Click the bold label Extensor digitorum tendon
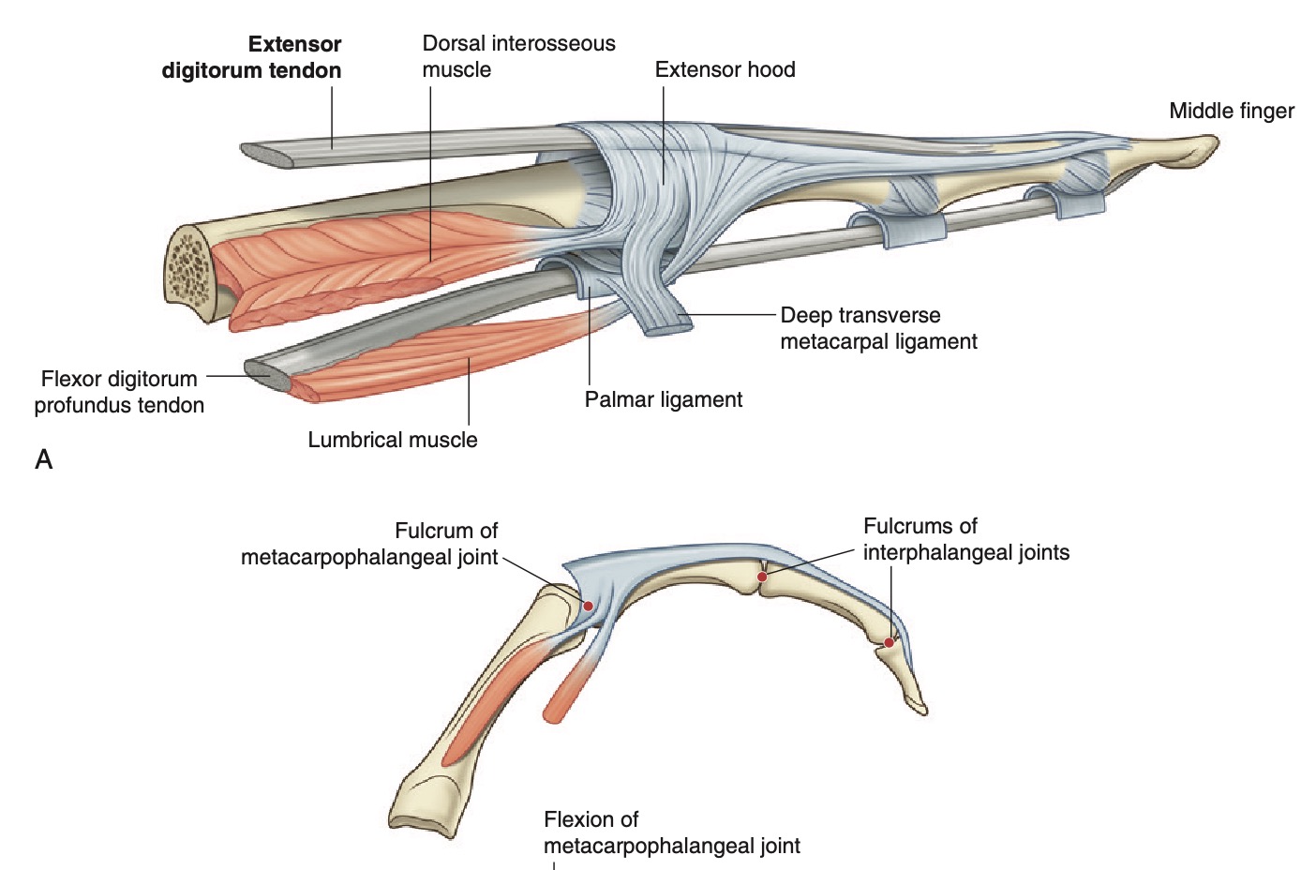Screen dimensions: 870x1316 point(251,57)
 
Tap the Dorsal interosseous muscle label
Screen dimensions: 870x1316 point(518,56)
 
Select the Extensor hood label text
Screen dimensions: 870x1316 point(725,69)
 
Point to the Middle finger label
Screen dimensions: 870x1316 point(1231,111)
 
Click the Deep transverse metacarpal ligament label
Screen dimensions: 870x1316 point(878,328)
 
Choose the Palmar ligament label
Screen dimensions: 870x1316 point(663,399)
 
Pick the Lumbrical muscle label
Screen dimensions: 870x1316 point(392,440)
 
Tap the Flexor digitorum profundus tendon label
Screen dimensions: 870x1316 point(119,392)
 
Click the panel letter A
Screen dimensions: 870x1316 point(44,459)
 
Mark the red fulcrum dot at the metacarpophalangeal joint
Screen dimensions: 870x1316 point(588,606)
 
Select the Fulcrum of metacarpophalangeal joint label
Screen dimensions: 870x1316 point(369,544)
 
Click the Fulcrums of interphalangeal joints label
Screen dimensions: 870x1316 point(965,539)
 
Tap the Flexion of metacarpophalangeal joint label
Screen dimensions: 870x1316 point(671,832)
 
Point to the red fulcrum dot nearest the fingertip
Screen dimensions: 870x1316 point(889,642)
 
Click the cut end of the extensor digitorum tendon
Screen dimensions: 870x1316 point(266,155)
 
